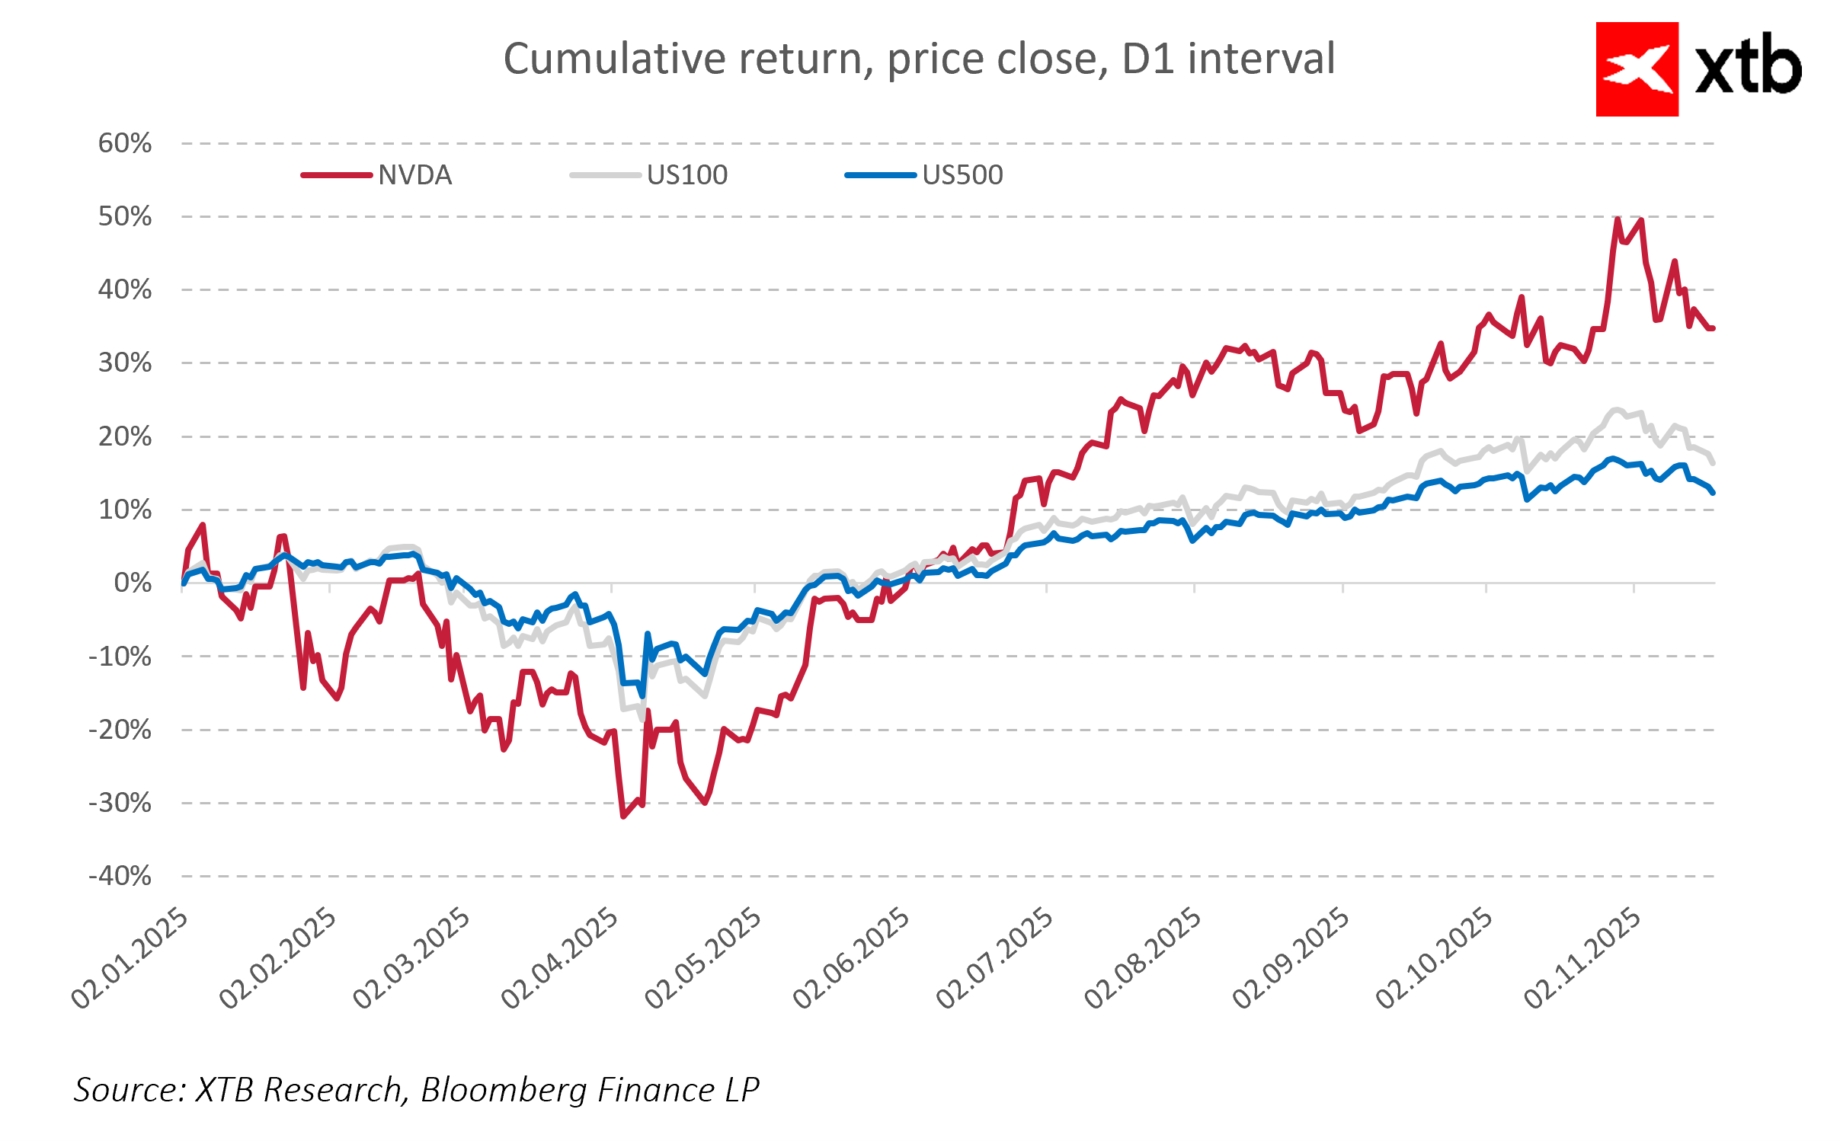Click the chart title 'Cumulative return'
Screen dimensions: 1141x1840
click(x=919, y=59)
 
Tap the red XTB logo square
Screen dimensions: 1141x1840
click(x=1637, y=69)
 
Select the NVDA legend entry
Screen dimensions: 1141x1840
click(x=414, y=175)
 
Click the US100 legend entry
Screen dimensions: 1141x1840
click(x=686, y=175)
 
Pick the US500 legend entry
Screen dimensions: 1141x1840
click(x=962, y=175)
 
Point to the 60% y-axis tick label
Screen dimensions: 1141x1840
click(x=125, y=143)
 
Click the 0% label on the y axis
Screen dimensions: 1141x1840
click(x=133, y=583)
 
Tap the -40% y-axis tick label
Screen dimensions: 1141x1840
click(x=120, y=876)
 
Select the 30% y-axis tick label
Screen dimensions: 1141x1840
click(x=125, y=363)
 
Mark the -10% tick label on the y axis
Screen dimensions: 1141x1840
click(x=120, y=657)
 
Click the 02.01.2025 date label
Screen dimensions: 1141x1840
click(x=130, y=958)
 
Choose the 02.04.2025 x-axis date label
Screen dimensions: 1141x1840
click(x=560, y=958)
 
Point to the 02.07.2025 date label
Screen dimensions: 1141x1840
click(x=994, y=958)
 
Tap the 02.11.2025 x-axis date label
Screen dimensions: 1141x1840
click(x=1582, y=958)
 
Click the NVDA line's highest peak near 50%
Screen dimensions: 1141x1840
click(x=1617, y=219)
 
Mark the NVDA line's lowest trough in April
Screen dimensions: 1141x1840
click(x=623, y=817)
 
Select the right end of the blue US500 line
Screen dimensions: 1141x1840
click(x=1713, y=493)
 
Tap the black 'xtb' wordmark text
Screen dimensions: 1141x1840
click(x=1748, y=67)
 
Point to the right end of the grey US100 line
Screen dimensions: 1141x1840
click(x=1713, y=462)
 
